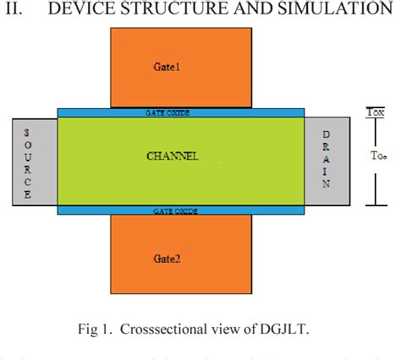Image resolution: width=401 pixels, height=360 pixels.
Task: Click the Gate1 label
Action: (x=168, y=67)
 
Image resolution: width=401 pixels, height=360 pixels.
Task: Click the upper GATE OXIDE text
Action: (x=181, y=112)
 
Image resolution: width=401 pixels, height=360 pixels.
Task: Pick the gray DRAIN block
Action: (x=327, y=161)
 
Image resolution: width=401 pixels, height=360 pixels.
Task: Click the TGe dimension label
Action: (x=380, y=155)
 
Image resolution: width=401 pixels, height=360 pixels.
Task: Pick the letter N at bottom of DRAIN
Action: (x=327, y=183)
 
